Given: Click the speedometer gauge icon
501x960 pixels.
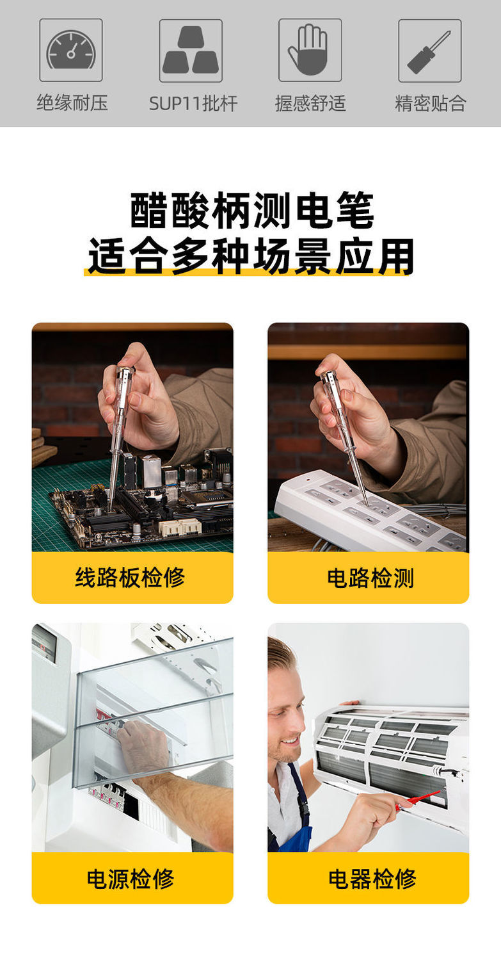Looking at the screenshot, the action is pyautogui.click(x=71, y=50).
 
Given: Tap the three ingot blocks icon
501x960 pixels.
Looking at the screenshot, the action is pyautogui.click(x=191, y=50).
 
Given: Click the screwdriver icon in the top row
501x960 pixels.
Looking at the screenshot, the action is pyautogui.click(x=429, y=51).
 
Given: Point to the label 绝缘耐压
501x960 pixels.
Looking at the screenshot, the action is pyautogui.click(x=72, y=103).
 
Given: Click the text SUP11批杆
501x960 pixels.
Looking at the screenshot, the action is pyautogui.click(x=193, y=103).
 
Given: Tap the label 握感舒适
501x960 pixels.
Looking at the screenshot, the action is pyautogui.click(x=310, y=103).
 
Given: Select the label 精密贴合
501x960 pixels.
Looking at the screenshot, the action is pyautogui.click(x=430, y=103).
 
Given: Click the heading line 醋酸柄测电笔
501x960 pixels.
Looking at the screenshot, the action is pyautogui.click(x=252, y=211).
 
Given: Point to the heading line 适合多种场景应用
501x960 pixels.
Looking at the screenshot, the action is pyautogui.click(x=251, y=256).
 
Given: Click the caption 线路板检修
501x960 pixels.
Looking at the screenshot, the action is pyautogui.click(x=130, y=577).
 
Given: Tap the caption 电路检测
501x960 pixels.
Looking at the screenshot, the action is pyautogui.click(x=370, y=577).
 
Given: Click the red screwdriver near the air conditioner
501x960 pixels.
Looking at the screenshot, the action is pyautogui.click(x=420, y=800).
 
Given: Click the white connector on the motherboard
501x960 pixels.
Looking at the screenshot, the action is pyautogui.click(x=180, y=528).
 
